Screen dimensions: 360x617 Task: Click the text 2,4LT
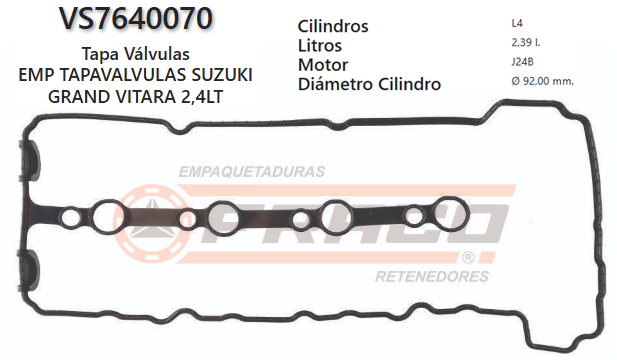[226, 97]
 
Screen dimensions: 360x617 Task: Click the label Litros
[320, 45]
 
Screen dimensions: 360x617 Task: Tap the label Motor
[323, 64]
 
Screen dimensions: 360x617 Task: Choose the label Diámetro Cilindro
[369, 84]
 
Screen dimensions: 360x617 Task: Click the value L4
[515, 22]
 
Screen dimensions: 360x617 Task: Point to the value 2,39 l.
[524, 43]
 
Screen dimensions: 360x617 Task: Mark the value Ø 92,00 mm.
[541, 82]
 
